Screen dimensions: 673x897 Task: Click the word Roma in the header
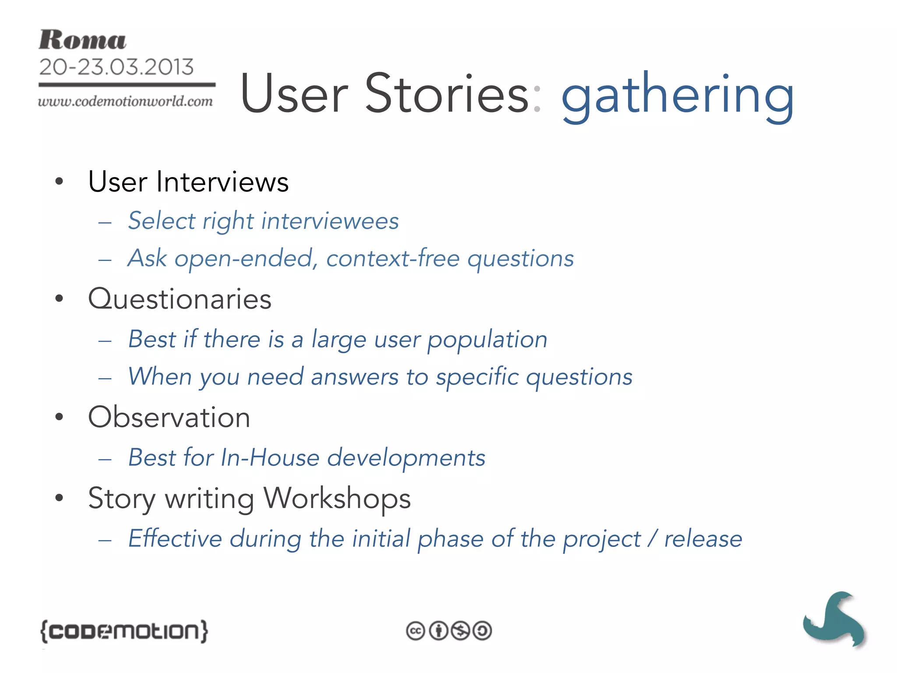[82, 40]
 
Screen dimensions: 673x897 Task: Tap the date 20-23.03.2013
[116, 67]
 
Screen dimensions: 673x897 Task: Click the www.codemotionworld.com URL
[125, 101]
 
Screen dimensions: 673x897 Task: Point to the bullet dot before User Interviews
[60, 181]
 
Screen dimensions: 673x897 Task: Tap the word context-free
[393, 258]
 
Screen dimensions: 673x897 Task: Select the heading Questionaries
[180, 299]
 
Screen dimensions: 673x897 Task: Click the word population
[487, 340]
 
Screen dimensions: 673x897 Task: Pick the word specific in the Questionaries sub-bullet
[477, 377]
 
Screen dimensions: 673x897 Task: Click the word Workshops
[337, 498]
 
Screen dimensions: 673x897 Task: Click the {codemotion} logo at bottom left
[124, 631]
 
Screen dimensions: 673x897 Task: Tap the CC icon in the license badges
[415, 631]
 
